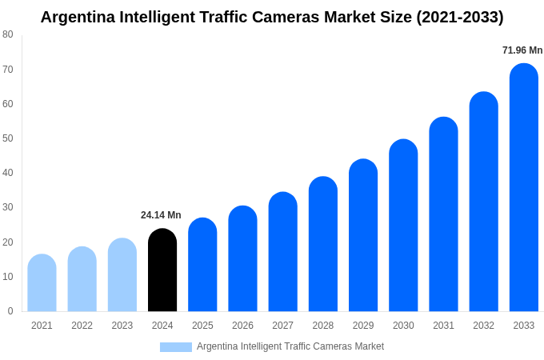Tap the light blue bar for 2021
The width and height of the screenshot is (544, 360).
(42, 283)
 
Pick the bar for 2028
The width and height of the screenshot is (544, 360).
(323, 244)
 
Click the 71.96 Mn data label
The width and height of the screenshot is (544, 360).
(522, 50)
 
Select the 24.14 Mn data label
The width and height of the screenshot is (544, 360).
(161, 215)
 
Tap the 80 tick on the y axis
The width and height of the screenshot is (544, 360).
(8, 34)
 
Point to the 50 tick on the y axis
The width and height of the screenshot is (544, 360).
(8, 138)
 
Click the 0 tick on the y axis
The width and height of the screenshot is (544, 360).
(10, 311)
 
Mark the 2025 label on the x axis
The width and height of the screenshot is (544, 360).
(202, 326)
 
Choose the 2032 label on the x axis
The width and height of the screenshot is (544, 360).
(483, 326)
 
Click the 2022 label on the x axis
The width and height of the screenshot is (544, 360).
(82, 326)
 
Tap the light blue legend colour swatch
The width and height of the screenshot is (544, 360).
(175, 347)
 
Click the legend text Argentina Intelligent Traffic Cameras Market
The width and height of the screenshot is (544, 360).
(290, 346)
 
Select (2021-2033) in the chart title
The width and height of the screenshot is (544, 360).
(459, 17)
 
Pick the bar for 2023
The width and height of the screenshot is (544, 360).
(122, 275)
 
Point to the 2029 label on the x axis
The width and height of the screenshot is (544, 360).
(363, 326)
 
